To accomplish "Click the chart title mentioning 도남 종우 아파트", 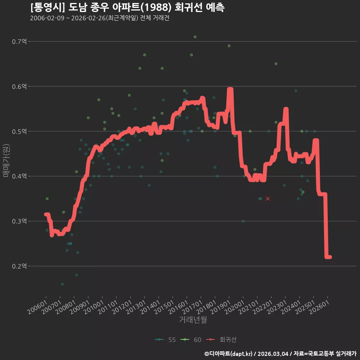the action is [x=127, y=7].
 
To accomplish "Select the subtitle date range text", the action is [x=100, y=18].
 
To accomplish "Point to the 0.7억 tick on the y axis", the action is [x=19, y=42].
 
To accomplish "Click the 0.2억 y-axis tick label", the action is [x=19, y=266].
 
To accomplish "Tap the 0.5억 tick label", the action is [x=19, y=131].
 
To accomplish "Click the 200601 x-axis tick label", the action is [x=37, y=307].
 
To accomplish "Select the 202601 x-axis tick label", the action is [x=319, y=307].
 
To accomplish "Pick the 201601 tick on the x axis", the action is [x=178, y=307].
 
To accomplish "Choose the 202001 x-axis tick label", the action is [x=235, y=307].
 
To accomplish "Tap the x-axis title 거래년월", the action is [x=193, y=319].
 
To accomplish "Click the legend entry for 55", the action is [x=165, y=340].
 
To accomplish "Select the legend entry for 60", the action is [x=191, y=340].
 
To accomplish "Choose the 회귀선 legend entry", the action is [x=221, y=340].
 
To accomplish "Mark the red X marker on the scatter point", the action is [x=268, y=199].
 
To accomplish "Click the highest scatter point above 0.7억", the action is [x=195, y=37].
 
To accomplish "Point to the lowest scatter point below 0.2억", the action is [x=62, y=284].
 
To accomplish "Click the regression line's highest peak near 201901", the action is [x=230, y=89].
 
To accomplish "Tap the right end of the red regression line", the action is [x=330, y=257].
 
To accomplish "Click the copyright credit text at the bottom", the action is [x=280, y=354].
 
